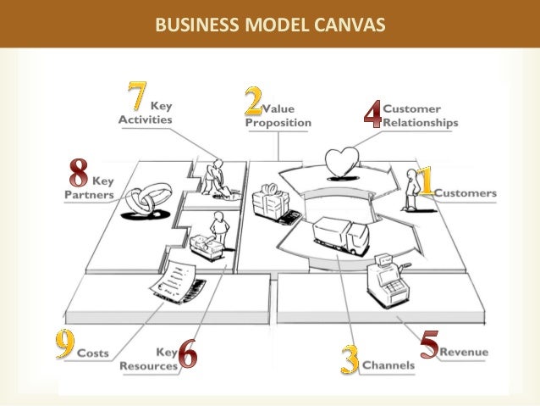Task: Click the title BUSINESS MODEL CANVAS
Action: coord(269,24)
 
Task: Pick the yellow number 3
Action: coord(350,359)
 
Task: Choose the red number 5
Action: coord(429,346)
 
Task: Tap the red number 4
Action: coord(372,114)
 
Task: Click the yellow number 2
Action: coord(252,102)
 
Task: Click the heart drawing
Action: coord(344,162)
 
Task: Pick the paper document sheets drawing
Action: coord(177,281)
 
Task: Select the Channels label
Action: coord(389,366)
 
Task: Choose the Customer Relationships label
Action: coord(420,115)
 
